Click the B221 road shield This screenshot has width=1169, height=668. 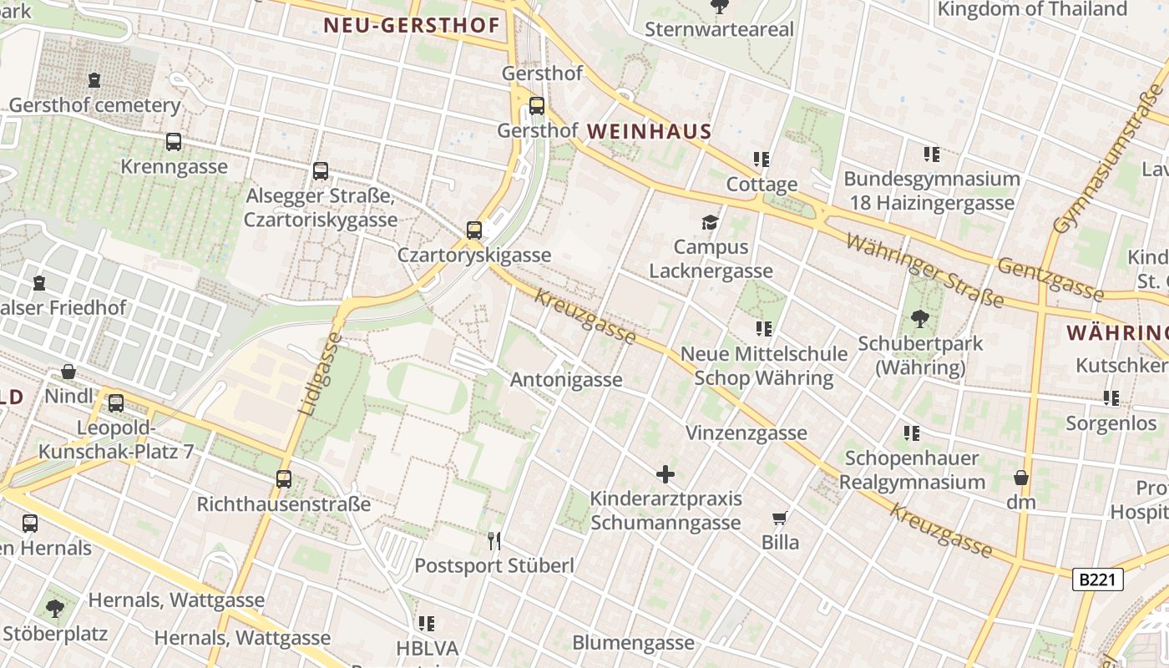[x=1097, y=579]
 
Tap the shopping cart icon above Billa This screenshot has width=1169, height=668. [x=780, y=518]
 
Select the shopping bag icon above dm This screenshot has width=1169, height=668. [x=1020, y=478]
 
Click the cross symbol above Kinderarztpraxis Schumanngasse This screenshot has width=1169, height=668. [x=665, y=474]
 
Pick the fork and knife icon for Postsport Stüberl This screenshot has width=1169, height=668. [x=494, y=541]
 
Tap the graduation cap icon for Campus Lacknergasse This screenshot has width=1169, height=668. [x=710, y=222]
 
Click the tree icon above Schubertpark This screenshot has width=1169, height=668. [x=920, y=318]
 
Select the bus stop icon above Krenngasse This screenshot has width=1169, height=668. [x=173, y=142]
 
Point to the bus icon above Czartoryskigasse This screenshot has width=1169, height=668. [x=473, y=230]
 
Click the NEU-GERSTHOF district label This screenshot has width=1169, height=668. [x=411, y=26]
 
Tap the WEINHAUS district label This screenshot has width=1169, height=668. [x=649, y=131]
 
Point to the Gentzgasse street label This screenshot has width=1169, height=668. [x=1050, y=278]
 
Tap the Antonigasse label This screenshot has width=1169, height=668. [x=566, y=380]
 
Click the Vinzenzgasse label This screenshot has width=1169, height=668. [x=746, y=433]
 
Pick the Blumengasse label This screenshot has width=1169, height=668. [x=633, y=643]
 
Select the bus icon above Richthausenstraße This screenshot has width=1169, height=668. [x=284, y=479]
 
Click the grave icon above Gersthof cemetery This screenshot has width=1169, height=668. [x=94, y=80]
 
